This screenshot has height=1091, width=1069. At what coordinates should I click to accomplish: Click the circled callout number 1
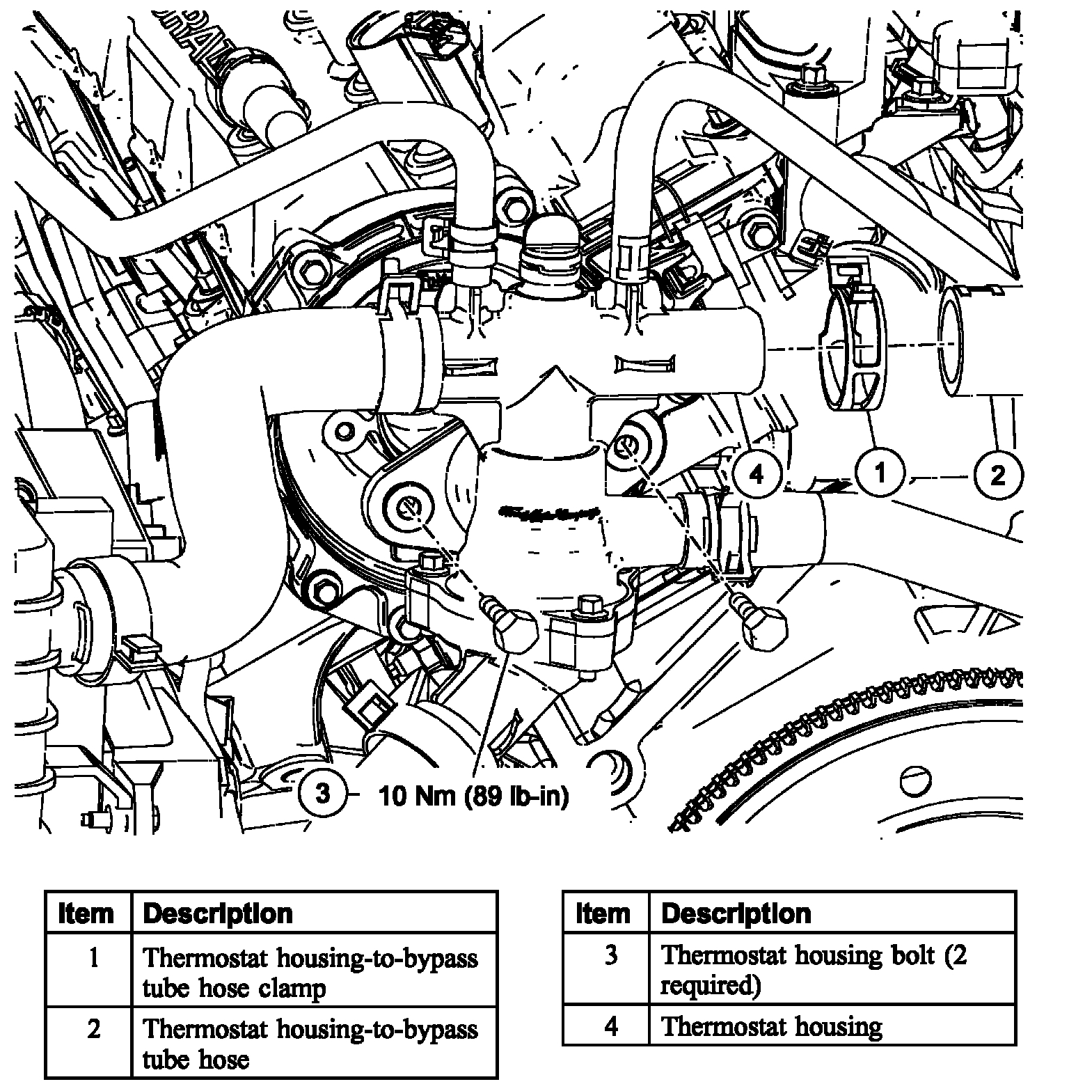pos(880,474)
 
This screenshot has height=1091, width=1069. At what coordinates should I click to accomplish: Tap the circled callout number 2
pos(997,476)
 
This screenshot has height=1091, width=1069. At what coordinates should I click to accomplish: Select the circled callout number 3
pos(322,794)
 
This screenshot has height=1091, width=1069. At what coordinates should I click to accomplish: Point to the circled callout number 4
pos(757,474)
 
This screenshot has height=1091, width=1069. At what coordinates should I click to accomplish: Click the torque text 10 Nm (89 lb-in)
pos(473,795)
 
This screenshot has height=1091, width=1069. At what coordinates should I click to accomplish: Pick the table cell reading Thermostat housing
pos(771,1026)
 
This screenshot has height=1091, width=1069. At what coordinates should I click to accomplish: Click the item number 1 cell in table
pos(94,959)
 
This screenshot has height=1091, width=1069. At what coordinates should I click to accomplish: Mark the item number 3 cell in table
pos(610,955)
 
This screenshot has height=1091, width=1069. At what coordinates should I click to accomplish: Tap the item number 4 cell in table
pos(610,1026)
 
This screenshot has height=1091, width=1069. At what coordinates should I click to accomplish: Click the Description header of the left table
pos(218,913)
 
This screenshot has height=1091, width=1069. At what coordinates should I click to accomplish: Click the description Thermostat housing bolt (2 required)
pos(813,969)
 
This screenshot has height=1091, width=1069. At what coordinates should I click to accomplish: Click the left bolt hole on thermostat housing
pos(406,509)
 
